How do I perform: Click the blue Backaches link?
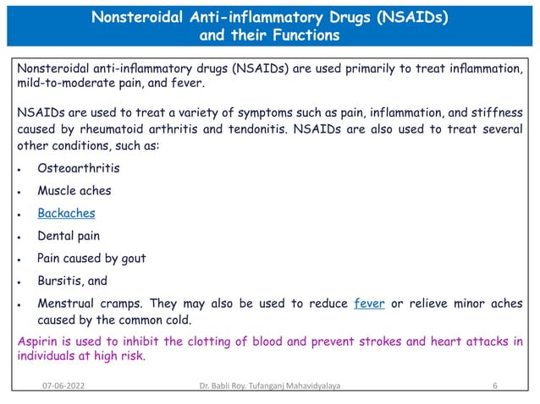(66, 213)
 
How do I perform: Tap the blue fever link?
(370, 303)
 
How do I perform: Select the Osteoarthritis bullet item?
(78, 168)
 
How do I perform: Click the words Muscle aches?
(74, 191)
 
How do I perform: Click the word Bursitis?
(59, 281)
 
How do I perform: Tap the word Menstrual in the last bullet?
(67, 303)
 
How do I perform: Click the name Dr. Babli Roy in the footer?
(215, 386)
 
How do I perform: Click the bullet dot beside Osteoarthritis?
(19, 169)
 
